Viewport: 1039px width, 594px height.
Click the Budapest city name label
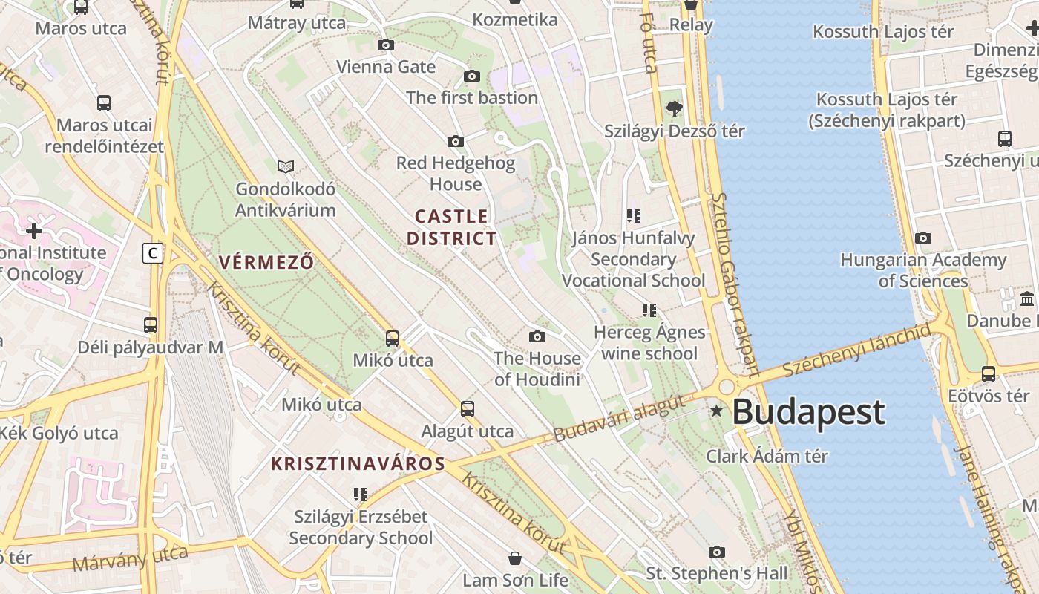(x=809, y=412)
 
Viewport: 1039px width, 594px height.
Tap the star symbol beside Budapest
(x=716, y=410)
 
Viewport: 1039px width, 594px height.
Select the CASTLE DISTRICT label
(x=451, y=227)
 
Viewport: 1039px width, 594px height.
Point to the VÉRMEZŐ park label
(x=266, y=262)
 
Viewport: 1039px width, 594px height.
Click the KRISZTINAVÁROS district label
(x=358, y=464)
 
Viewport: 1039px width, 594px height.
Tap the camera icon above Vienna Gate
(x=386, y=45)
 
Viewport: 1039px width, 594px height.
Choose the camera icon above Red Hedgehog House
(x=456, y=141)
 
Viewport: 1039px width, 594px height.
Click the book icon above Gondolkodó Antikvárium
(x=286, y=166)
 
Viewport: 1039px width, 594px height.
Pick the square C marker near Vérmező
(x=153, y=253)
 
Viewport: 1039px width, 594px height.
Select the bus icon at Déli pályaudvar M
(x=151, y=324)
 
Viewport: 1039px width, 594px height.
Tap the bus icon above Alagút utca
(x=468, y=408)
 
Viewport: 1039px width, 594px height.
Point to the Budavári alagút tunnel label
(x=618, y=420)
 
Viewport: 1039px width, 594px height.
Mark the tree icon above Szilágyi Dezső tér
(x=674, y=109)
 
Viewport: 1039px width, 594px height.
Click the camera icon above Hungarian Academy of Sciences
(x=923, y=238)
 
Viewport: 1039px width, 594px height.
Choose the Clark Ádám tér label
(x=767, y=456)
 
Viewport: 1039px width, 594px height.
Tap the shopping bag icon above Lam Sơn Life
(x=515, y=558)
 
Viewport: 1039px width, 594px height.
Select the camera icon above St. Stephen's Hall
(x=717, y=552)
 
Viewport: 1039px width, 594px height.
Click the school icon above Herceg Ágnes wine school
(x=649, y=310)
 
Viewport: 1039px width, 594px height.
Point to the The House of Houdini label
(x=537, y=369)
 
